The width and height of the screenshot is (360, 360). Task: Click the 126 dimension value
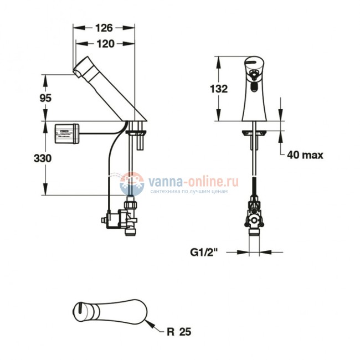tap(104, 28)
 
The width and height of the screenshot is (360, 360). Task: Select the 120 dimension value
tap(104, 45)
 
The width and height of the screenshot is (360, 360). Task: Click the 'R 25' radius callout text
tap(180, 332)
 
